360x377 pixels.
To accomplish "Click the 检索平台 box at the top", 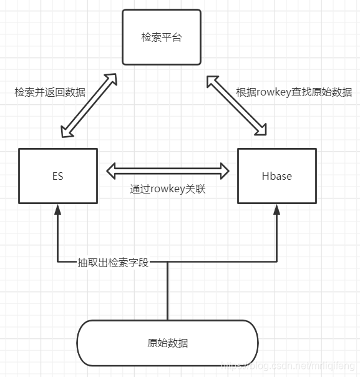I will (162, 37).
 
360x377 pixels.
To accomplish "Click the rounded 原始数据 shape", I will (167, 343).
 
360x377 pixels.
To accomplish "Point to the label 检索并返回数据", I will (50, 92).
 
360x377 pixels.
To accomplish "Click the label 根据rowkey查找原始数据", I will (294, 92).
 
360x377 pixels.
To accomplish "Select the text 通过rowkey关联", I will (168, 189).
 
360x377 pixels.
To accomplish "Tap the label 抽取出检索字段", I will (113, 262).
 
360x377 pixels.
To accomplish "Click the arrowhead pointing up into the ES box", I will (57, 209).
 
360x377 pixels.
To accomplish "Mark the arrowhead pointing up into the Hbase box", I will (276, 209).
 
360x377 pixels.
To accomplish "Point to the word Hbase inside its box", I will (276, 176).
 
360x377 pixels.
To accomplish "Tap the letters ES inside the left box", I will (57, 176).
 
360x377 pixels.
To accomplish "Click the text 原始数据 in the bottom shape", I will (167, 343).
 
